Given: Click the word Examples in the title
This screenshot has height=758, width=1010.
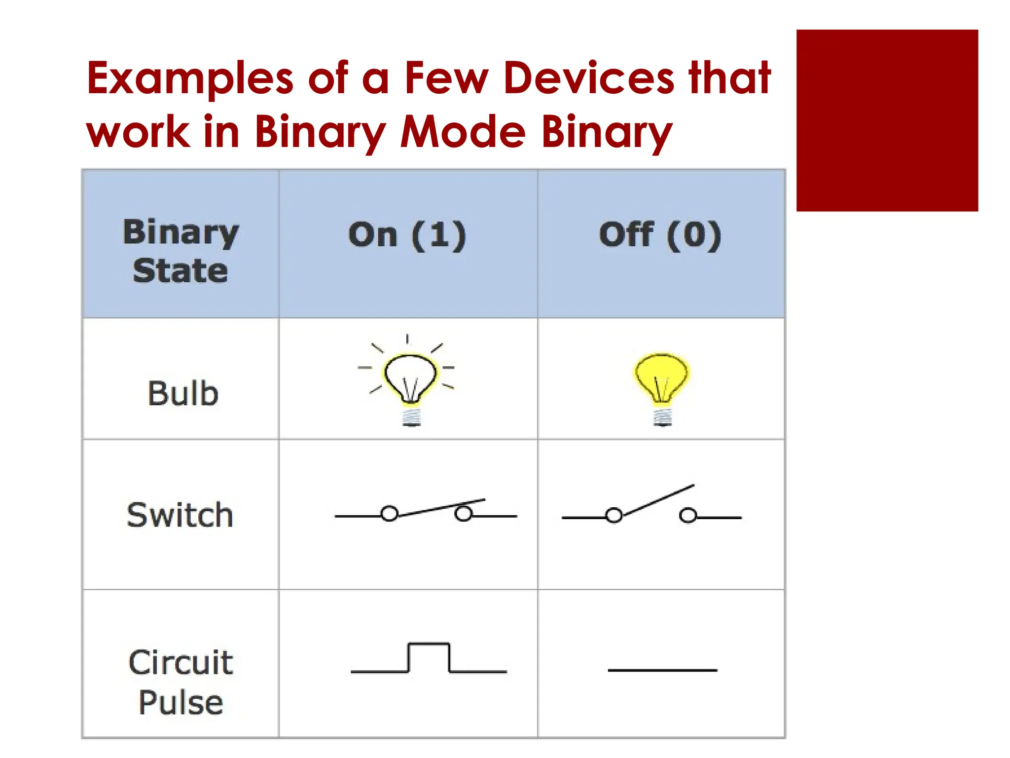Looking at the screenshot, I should coord(190,79).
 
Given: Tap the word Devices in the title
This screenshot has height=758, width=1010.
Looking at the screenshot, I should coord(589,79).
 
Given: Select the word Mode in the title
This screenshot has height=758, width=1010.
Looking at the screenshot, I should coord(463,132).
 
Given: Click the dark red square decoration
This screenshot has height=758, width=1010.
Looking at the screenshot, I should coord(887,120).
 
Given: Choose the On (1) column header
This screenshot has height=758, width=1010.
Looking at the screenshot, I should coord(407,235).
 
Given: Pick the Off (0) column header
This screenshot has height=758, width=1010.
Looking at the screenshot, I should coord(660,235).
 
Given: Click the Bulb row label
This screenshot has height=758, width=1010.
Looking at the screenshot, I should coord(183,393).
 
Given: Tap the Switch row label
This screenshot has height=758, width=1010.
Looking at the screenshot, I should coord(180,515).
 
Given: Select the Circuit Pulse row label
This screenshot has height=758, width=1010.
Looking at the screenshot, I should coord(180,682).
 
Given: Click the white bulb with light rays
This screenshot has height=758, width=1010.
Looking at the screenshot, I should coord(410,378).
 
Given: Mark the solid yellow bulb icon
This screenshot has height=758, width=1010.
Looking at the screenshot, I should coord(661,378).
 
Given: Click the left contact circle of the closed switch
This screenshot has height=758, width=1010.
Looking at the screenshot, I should coord(390,514).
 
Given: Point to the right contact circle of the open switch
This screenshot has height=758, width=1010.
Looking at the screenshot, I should coord(687,516).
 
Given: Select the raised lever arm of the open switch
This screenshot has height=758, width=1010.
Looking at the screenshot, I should coord(658,500).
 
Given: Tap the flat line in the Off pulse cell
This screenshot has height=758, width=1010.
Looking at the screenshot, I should coord(662,670).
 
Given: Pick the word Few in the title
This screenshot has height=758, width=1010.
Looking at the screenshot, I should coord(446,79).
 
